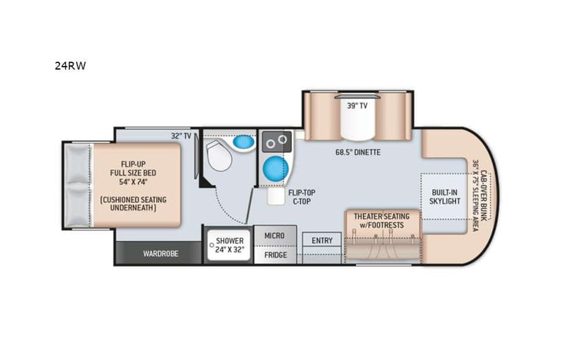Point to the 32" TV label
[x=181, y=136]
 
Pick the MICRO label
[x=275, y=236]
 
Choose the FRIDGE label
[x=275, y=255]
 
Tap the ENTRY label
[x=322, y=240]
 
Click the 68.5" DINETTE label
[x=358, y=152]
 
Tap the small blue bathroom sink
[x=243, y=142]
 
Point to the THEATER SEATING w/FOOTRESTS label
[x=381, y=221]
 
